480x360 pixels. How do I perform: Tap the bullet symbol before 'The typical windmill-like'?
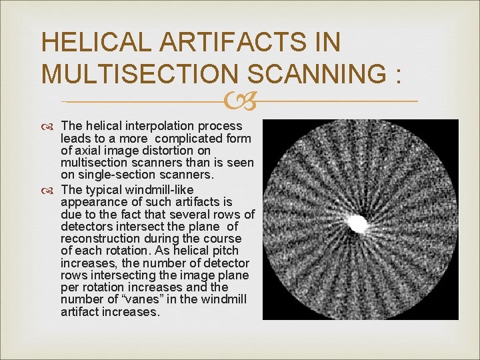point(51,190)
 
